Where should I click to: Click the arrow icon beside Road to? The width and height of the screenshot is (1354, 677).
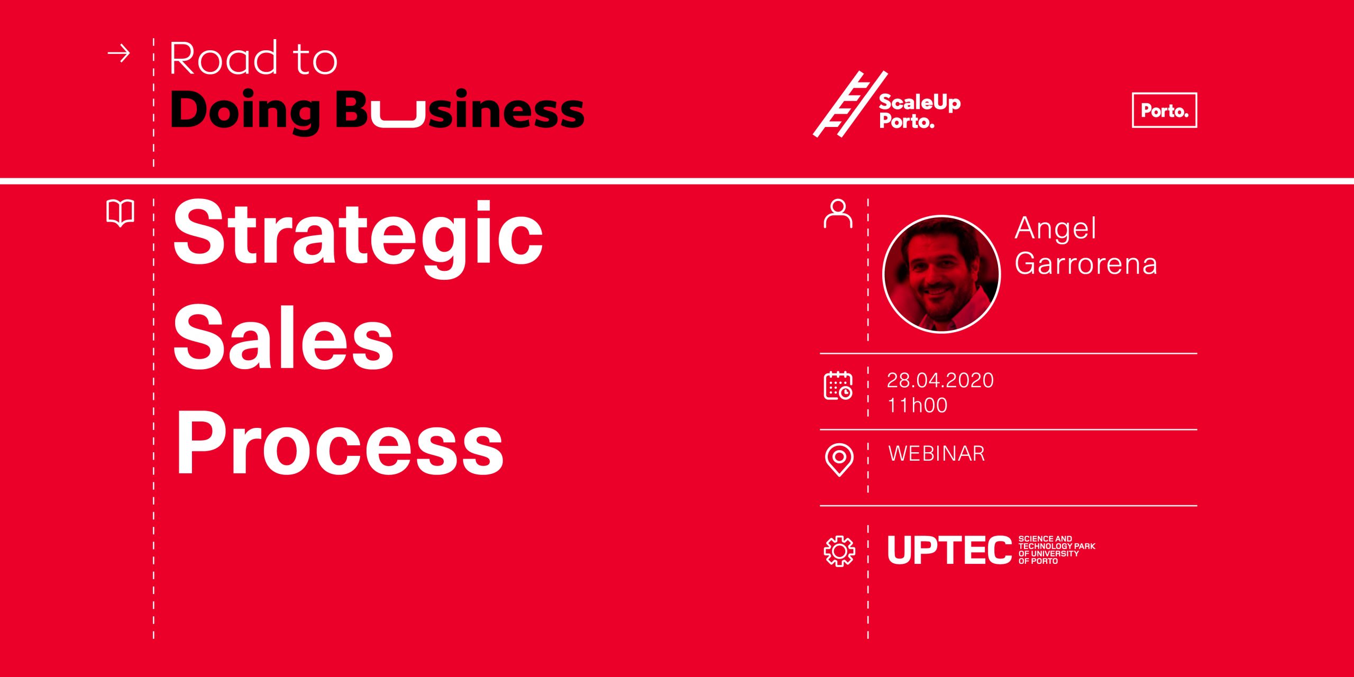(119, 53)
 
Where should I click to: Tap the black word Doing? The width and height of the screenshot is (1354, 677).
(245, 111)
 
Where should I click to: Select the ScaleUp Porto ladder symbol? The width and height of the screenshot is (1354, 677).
(850, 104)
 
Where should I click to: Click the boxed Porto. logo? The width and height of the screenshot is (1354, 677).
(1164, 110)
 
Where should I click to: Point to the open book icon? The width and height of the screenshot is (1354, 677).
(121, 213)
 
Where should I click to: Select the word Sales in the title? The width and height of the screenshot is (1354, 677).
(283, 337)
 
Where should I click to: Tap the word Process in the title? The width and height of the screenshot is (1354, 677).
(340, 442)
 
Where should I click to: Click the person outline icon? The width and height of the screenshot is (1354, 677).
(838, 213)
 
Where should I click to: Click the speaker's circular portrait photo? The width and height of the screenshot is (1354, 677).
(941, 274)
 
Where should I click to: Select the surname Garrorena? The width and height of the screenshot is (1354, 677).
(1086, 263)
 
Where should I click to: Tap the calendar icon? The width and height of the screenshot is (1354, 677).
(838, 386)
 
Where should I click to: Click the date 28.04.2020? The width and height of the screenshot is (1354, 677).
(940, 380)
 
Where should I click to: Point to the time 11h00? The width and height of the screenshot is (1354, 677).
(917, 405)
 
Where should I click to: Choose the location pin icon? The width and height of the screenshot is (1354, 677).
(839, 460)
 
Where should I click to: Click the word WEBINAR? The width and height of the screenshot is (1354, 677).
(937, 453)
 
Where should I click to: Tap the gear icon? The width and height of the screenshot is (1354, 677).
(839, 551)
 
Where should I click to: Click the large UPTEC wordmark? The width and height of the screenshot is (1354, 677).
(949, 550)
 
